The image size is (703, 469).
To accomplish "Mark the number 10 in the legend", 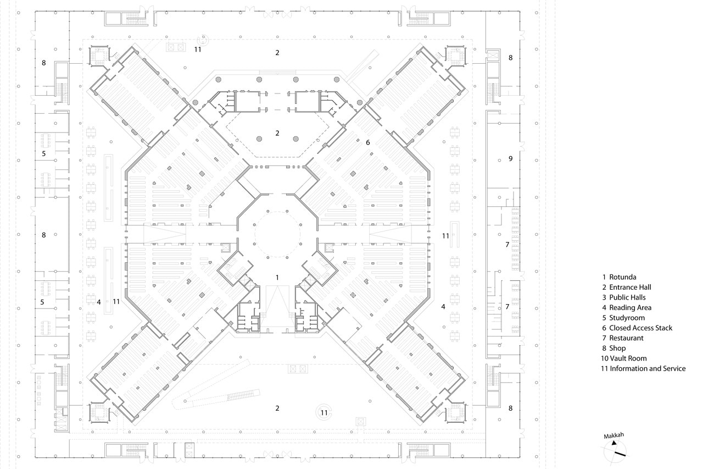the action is [x=605, y=358].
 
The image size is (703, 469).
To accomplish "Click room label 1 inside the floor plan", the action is [x=277, y=278].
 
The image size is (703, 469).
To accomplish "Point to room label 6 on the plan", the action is [x=368, y=142].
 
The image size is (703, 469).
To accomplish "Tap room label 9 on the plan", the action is [x=511, y=159].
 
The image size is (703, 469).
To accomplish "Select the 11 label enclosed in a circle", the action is [x=324, y=413].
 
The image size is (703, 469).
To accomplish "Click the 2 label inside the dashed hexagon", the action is [x=277, y=133].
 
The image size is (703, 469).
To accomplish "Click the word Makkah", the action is [x=614, y=435].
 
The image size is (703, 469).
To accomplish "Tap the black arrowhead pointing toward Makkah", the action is [x=613, y=443].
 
